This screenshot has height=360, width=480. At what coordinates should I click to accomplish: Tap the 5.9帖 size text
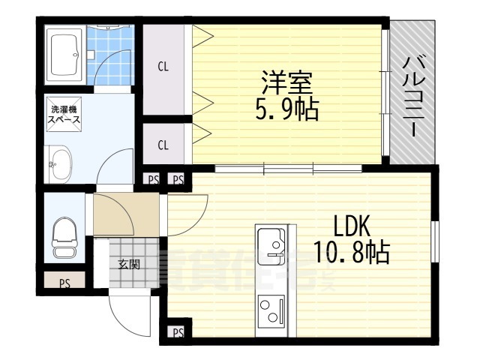(x=286, y=109)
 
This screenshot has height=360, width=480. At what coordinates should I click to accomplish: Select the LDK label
(x=349, y=226)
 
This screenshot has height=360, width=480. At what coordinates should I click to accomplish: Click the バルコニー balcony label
(x=411, y=95)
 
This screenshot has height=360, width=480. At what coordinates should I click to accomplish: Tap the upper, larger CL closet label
(x=163, y=66)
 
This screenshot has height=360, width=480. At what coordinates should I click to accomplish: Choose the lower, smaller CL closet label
(x=163, y=142)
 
